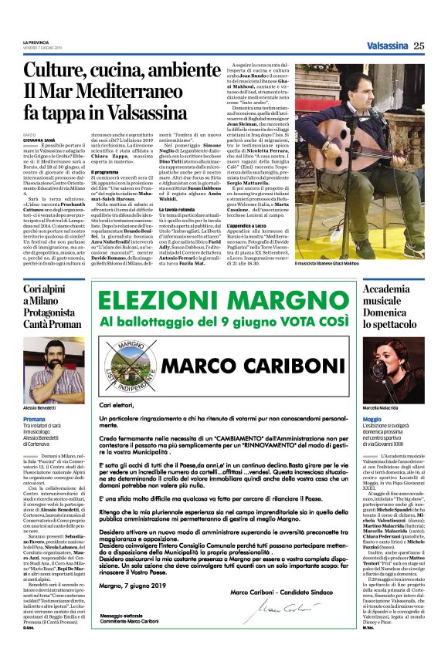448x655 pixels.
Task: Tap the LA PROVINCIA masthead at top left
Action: click(36, 42)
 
